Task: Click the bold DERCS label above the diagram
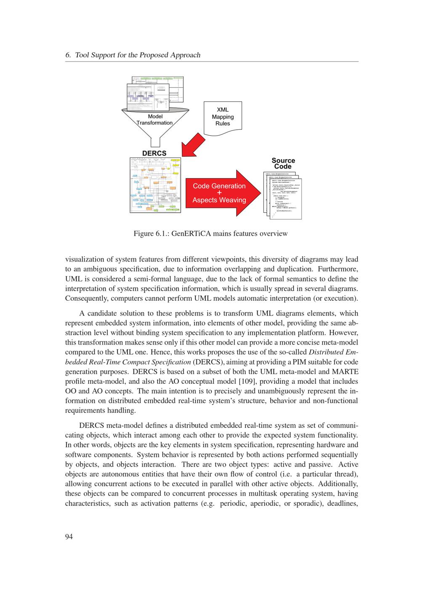click(154, 153)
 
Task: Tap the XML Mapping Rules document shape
click(223, 117)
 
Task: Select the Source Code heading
click(283, 163)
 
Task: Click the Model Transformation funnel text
click(155, 120)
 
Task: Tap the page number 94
click(69, 536)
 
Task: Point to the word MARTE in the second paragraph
click(346, 371)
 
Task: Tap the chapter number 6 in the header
click(68, 55)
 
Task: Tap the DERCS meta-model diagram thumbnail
click(155, 185)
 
